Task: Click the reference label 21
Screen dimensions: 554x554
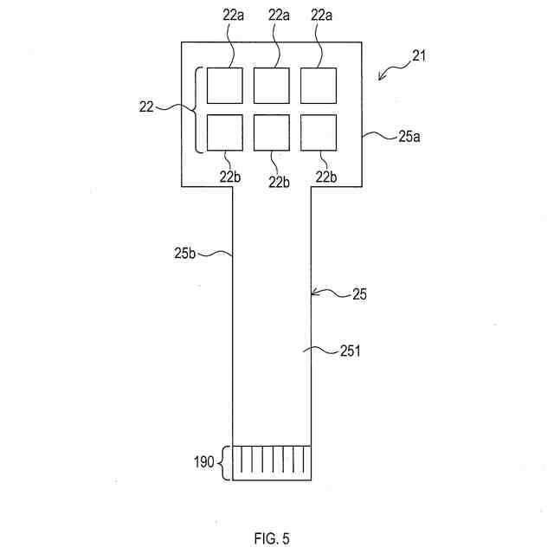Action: (419, 56)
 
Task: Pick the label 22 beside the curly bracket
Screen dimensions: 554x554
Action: (147, 107)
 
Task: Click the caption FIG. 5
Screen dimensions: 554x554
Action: (272, 538)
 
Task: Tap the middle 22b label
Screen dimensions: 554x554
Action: (279, 181)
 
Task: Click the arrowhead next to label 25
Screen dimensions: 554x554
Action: (314, 293)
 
